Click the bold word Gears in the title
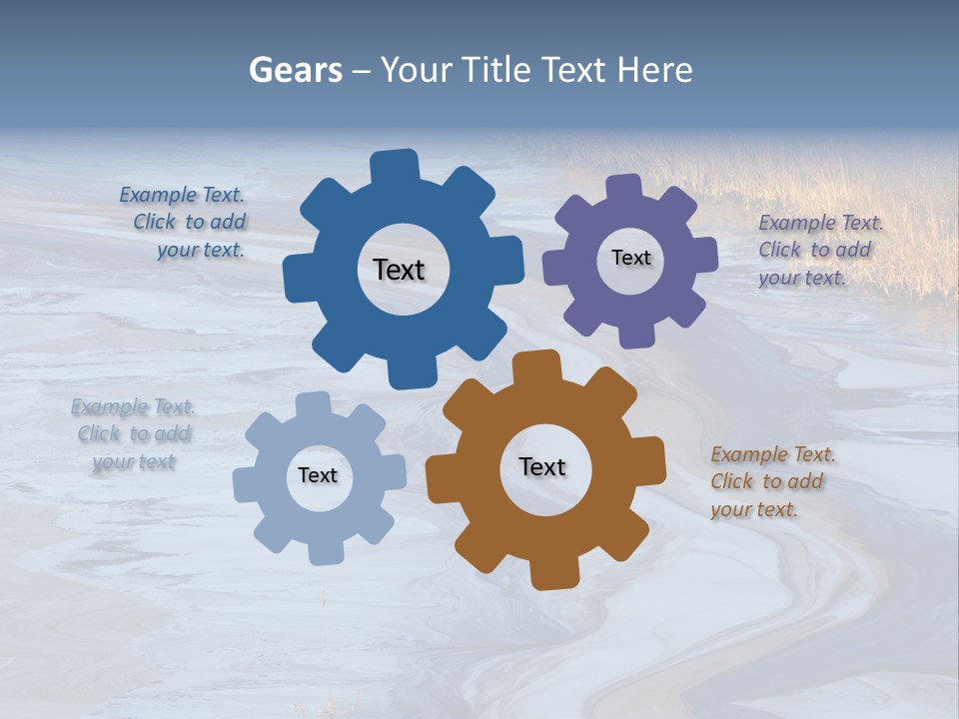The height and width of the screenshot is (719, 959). (296, 70)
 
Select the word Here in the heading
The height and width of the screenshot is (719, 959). (654, 70)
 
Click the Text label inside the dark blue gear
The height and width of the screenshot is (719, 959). (399, 270)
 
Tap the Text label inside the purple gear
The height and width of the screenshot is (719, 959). (630, 258)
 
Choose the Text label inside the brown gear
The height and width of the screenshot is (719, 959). (542, 466)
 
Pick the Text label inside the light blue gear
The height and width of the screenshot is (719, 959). (318, 475)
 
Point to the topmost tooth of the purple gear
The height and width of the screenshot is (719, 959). (623, 188)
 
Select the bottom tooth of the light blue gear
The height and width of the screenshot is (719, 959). (325, 551)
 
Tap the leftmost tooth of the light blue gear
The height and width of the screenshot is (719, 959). (247, 484)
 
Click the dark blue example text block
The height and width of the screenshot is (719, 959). (184, 223)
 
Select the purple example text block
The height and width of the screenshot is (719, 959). (819, 250)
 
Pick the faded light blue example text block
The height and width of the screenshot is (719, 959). (133, 434)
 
